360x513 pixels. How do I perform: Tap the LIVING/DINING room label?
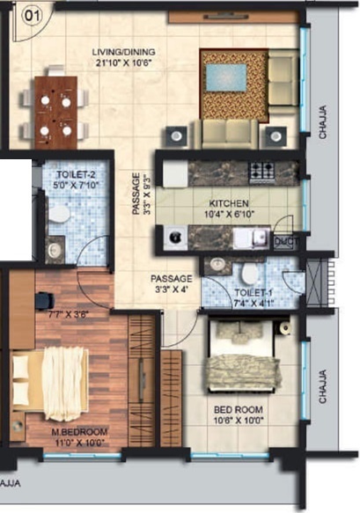(x=125, y=57)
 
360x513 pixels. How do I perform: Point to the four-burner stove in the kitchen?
(x=261, y=172)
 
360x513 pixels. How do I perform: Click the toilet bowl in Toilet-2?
(x=60, y=214)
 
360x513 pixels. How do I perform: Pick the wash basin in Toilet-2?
(x=55, y=250)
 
